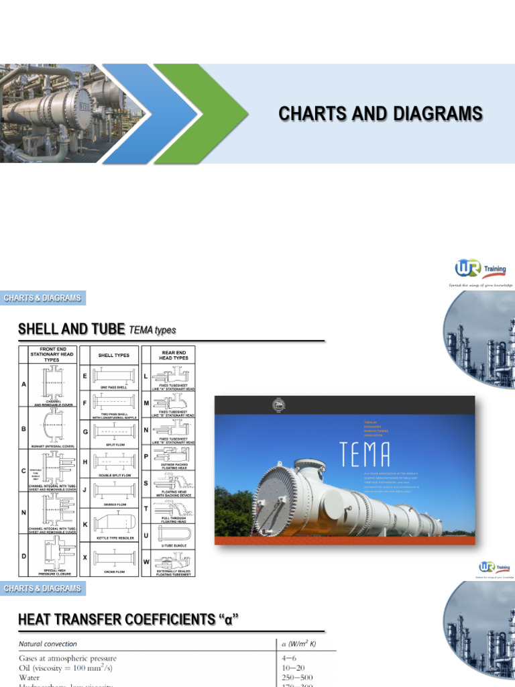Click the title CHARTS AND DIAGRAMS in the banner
(x=380, y=114)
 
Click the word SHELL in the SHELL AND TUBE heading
(x=43, y=329)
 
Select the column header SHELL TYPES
(x=114, y=354)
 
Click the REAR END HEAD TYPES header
(x=174, y=354)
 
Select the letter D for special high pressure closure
(x=23, y=556)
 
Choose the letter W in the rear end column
(x=146, y=562)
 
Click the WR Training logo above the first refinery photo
(x=481, y=270)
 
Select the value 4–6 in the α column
(x=290, y=658)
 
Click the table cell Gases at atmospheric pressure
(x=67, y=658)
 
